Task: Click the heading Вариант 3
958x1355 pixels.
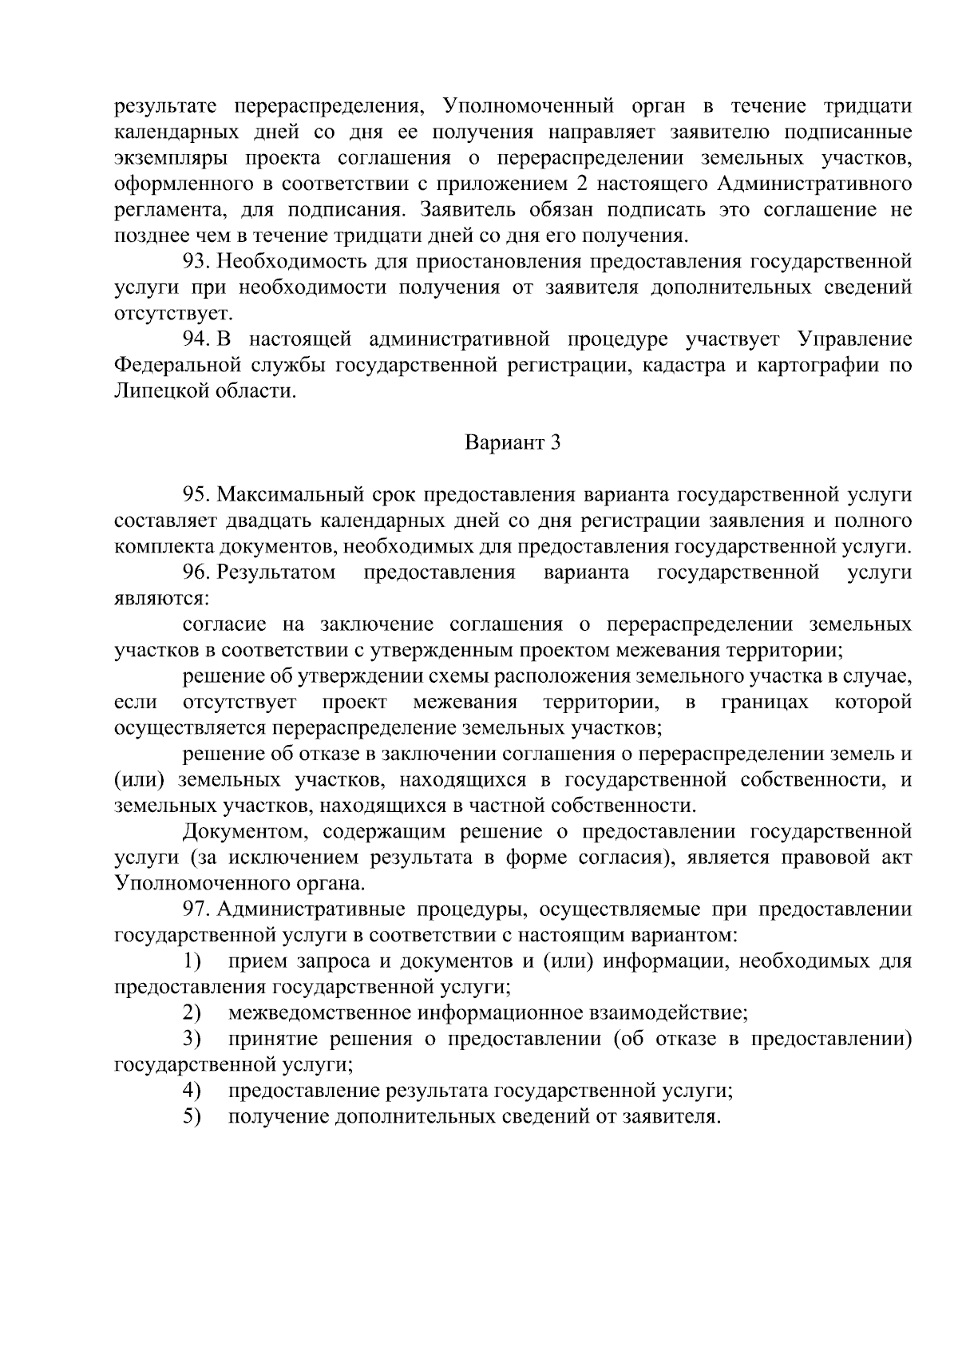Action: (513, 443)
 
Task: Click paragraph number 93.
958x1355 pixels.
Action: (196, 262)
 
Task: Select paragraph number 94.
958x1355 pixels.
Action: (196, 339)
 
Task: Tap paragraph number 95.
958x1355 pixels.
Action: (196, 495)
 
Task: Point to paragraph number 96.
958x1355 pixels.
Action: (196, 573)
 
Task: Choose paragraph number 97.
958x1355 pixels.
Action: (196, 909)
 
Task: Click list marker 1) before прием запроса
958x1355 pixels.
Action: (191, 961)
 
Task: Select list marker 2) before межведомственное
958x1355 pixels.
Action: (191, 1013)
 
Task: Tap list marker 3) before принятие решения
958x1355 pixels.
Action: (191, 1039)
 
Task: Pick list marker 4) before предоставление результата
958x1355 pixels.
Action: (191, 1091)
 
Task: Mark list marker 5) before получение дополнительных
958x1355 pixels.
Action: (191, 1116)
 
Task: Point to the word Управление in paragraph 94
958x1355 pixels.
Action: (854, 339)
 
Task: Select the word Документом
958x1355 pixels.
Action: (241, 832)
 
